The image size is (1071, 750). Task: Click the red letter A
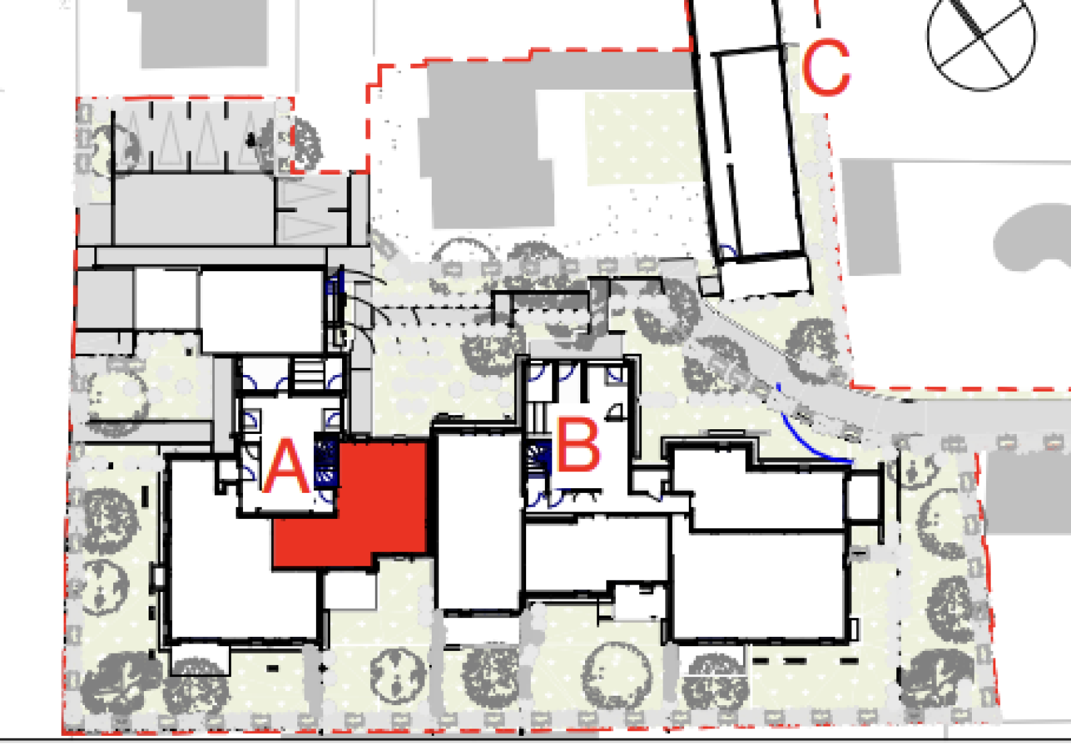(x=287, y=466)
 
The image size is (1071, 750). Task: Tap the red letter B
(x=578, y=445)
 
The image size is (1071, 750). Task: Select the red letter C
(x=826, y=66)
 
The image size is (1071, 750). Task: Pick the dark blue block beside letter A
(x=326, y=459)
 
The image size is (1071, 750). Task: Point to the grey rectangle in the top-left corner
(x=203, y=34)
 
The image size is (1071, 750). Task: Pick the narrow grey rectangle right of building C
(x=871, y=218)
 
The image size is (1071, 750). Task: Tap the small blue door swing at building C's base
(x=728, y=251)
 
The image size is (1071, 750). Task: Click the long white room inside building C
(x=760, y=153)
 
